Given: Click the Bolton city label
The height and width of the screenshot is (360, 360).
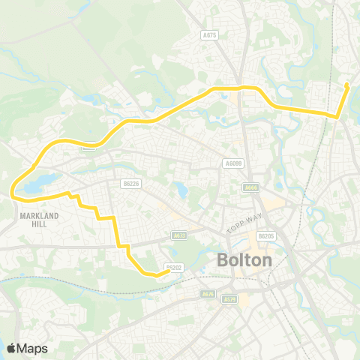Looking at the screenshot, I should (244, 261).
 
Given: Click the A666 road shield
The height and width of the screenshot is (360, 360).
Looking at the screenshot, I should (251, 187).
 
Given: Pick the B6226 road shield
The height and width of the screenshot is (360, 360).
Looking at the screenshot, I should (130, 181).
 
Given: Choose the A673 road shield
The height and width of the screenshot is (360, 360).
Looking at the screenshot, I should (179, 235).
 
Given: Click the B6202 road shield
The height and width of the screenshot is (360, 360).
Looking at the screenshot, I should (173, 267).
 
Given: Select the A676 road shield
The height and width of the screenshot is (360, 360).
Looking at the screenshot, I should (208, 294).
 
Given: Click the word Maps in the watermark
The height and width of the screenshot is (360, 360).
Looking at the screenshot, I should (32, 348).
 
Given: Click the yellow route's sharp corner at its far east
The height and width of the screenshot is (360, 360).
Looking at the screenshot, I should (337, 116).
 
